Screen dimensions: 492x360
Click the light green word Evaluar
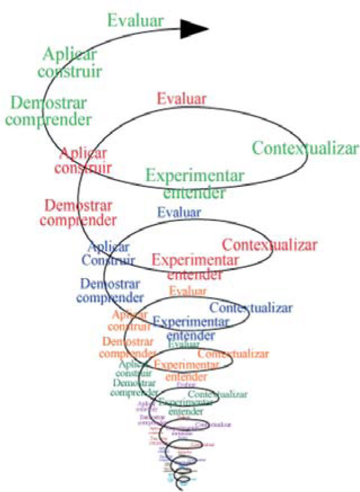[136, 21]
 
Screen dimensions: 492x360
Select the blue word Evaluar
[179, 212]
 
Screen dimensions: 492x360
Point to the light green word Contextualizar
[305, 149]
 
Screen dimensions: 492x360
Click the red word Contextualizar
[270, 245]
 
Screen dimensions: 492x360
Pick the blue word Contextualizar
[251, 308]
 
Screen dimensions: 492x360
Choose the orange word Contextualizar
[233, 354]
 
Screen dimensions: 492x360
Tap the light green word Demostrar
[49, 104]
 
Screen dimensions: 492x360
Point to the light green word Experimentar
[195, 176]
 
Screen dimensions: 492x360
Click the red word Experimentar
[195, 261]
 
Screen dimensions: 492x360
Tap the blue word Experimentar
[191, 322]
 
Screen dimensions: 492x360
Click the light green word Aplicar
[70, 55]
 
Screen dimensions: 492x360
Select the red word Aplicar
[83, 153]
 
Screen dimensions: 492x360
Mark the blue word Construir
[108, 260]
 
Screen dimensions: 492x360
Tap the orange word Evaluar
[188, 291]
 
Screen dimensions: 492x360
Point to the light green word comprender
[51, 119]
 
